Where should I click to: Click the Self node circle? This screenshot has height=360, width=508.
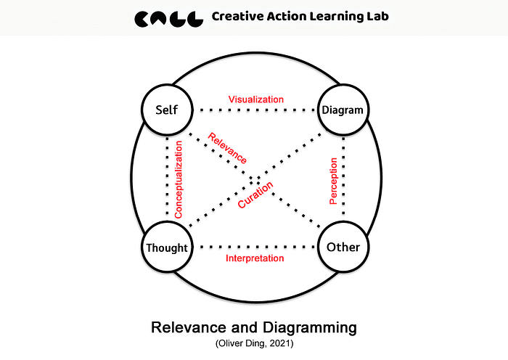166,111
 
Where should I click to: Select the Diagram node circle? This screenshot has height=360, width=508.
343,111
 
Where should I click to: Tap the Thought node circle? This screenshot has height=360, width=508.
166,247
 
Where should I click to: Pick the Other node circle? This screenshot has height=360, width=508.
343,247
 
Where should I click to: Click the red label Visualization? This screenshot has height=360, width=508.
255,99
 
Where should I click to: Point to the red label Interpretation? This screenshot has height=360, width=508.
255,258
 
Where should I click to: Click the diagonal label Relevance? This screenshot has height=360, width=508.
226,147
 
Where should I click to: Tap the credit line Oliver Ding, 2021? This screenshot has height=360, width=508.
253,343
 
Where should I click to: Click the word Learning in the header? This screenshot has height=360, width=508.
332,16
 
